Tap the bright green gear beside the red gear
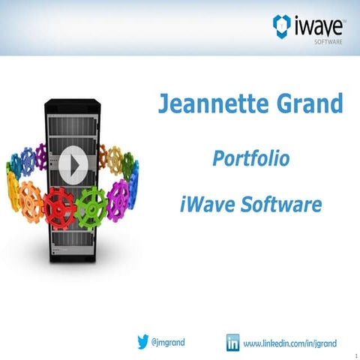92,206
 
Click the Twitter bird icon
142,342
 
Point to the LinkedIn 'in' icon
233,343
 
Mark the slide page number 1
353,354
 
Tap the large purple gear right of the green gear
118,196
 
